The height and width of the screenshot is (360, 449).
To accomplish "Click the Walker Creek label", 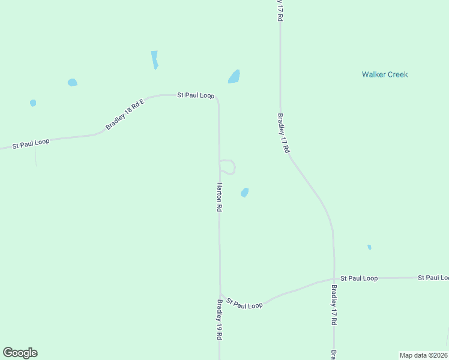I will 384,74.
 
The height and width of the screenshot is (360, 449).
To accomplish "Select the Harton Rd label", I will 220,197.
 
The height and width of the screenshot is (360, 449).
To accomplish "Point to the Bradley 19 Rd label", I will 220,320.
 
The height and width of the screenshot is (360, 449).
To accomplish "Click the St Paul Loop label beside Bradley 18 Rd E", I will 195,95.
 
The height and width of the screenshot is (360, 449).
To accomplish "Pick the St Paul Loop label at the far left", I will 31,143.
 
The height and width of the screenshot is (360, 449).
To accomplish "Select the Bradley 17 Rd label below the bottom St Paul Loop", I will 334,305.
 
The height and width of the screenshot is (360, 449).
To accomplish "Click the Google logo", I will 20,353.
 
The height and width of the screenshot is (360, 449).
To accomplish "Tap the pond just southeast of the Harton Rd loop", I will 244,193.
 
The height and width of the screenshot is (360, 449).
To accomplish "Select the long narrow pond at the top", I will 154,59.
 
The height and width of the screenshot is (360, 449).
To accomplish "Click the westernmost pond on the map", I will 33,103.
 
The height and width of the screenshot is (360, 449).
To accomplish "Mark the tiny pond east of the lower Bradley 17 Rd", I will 369,247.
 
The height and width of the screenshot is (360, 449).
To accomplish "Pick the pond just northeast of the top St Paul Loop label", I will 234,77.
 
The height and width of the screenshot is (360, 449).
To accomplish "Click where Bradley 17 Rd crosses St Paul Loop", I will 334,279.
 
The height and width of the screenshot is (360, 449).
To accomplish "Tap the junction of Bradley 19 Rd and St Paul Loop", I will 220,293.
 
